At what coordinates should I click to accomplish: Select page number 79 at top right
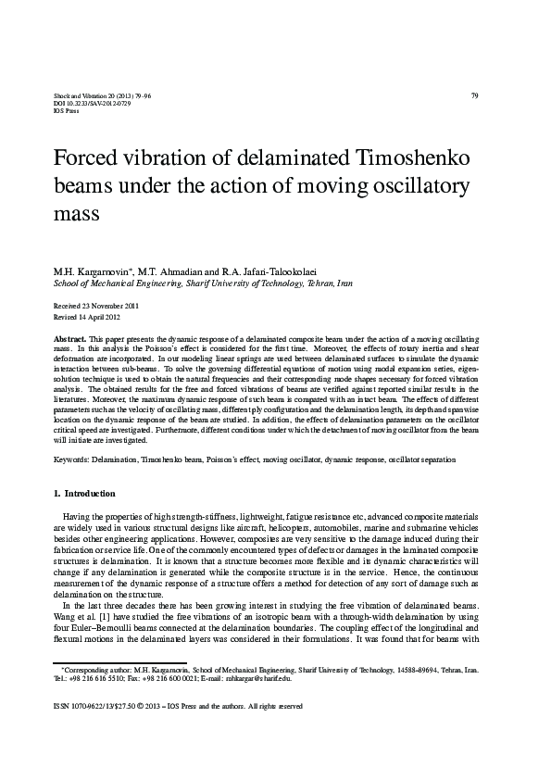coord(474,95)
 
